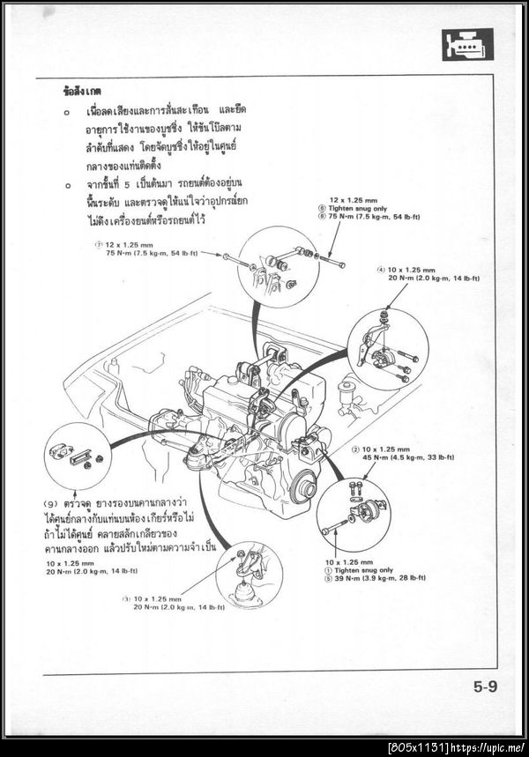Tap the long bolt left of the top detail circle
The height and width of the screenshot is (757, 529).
(x=236, y=259)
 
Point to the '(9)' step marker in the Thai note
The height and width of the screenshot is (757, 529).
(x=51, y=503)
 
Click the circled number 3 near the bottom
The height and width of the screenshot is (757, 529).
(x=126, y=598)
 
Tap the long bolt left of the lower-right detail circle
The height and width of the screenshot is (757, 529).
(x=336, y=529)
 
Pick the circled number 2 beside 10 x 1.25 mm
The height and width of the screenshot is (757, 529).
(x=354, y=449)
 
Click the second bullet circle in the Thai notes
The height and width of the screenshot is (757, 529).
(x=67, y=186)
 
